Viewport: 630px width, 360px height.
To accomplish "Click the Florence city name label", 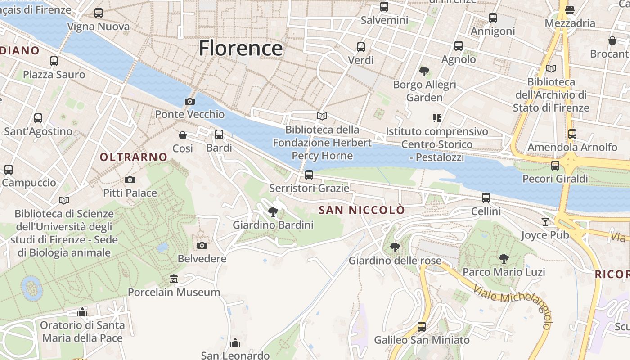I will pos(241,48).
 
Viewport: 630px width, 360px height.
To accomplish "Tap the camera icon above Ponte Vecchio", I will pos(190,102).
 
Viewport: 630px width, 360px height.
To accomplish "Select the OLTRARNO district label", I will pos(134,157).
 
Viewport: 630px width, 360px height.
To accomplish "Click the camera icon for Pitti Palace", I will pos(130,180).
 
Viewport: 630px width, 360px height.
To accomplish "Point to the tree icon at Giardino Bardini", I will pos(273,211).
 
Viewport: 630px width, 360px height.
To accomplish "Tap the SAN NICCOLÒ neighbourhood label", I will pos(362,210).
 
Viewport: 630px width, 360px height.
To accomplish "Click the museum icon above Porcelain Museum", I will pos(174,279).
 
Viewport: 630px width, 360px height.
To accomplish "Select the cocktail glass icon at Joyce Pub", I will pos(545,221).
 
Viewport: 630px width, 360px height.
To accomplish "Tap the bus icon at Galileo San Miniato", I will pos(422,327).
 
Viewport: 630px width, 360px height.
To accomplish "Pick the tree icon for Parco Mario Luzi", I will pos(504,259).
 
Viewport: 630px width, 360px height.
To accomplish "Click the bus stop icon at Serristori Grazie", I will pos(309,175).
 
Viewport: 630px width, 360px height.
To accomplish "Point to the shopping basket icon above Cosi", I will pos(183,135).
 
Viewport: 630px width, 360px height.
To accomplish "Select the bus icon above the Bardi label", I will pos(219,135).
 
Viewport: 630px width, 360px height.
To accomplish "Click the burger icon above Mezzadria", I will pos(570,10).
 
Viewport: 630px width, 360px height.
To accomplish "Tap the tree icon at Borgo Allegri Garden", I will pos(424,71).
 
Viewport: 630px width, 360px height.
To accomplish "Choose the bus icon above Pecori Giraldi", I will pos(555,166).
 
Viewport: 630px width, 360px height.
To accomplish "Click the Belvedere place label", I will pos(202,259).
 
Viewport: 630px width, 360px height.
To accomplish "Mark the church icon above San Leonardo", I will pos(235,343).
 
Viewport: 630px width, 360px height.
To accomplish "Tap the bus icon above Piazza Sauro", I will pos(54,61).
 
